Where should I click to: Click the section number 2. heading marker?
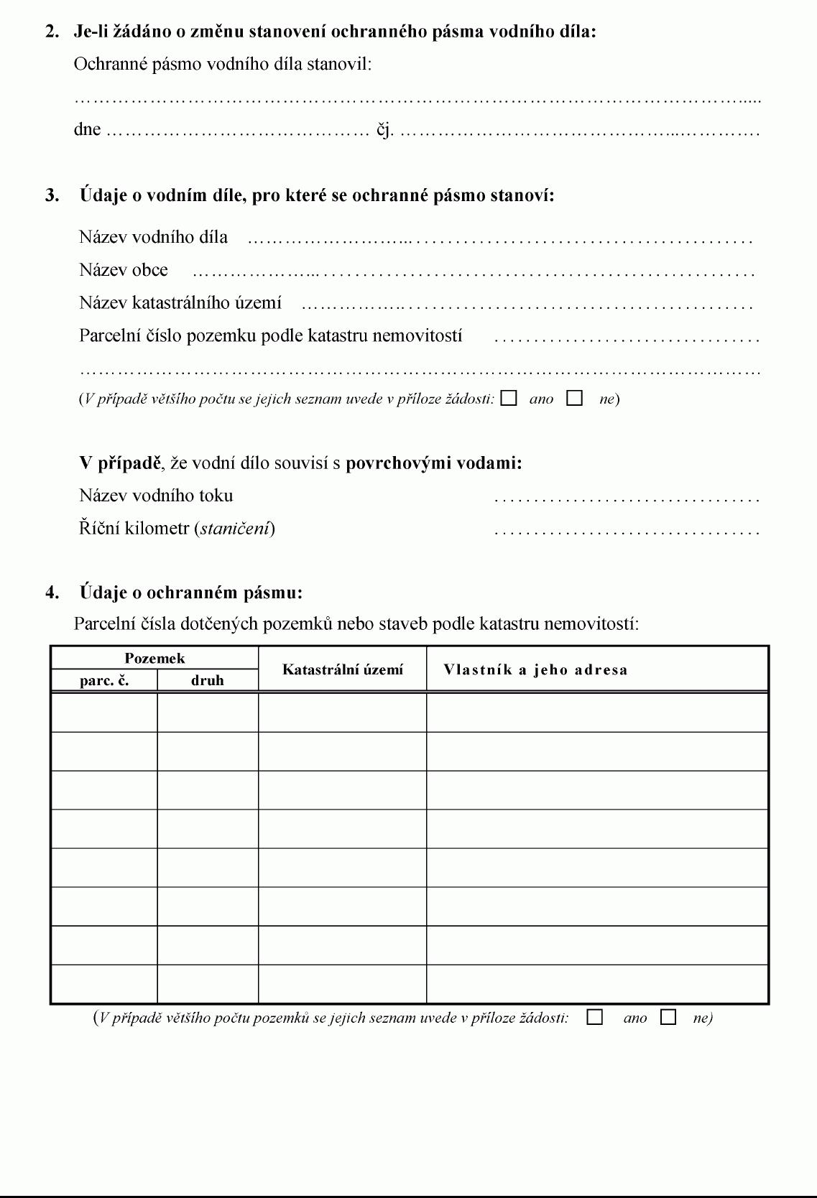(52, 32)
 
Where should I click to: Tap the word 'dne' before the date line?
(87, 130)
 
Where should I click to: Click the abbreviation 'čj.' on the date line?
(385, 131)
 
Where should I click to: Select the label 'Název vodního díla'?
(154, 237)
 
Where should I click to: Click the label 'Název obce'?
(124, 270)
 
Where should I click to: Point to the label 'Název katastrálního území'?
(180, 302)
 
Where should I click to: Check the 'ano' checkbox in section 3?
(509, 398)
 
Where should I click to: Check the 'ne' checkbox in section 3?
(574, 398)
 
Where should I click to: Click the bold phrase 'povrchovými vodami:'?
(434, 463)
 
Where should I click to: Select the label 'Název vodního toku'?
(156, 496)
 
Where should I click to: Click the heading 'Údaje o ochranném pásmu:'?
(191, 593)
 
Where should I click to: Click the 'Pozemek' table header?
(154, 658)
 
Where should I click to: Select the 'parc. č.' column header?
(104, 680)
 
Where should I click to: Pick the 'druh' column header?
(208, 680)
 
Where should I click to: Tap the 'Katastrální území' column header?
(343, 669)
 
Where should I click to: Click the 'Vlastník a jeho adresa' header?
(535, 669)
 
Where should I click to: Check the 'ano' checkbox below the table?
(595, 1017)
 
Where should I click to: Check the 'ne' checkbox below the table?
(668, 1017)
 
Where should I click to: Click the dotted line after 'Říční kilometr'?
(627, 531)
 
